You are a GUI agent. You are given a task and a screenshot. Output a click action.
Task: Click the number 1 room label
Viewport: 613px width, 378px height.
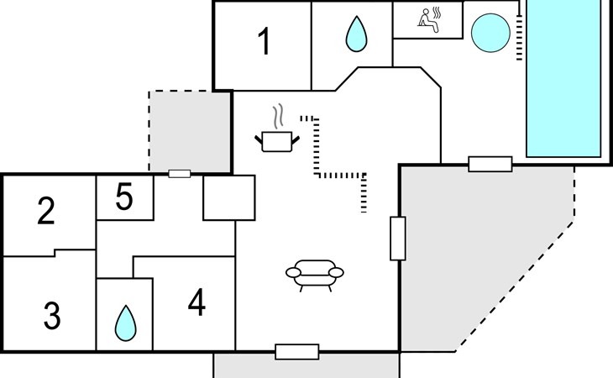[265, 42]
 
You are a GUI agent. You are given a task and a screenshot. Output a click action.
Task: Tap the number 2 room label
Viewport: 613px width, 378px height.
[46, 211]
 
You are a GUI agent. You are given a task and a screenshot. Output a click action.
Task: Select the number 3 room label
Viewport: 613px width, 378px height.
[52, 317]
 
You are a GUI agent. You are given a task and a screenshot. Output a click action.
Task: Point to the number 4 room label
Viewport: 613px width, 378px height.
[196, 303]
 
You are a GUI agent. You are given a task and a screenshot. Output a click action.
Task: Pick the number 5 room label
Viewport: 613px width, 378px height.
[124, 198]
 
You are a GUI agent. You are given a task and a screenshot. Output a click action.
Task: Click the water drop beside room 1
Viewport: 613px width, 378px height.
[358, 35]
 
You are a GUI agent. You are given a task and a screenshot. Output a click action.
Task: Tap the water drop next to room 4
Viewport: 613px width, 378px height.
[125, 322]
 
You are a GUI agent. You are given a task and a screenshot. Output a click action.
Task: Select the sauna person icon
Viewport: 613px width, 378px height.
[428, 20]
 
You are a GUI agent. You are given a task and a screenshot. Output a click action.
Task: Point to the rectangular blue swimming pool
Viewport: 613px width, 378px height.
[563, 80]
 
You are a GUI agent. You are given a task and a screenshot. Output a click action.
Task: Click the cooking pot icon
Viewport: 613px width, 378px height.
[277, 141]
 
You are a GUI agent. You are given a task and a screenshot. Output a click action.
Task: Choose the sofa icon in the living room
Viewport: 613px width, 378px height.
[315, 273]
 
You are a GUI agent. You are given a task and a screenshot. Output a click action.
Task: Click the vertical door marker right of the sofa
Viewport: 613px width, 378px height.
[398, 238]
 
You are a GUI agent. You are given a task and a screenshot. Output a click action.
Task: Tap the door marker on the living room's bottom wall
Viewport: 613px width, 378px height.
[297, 352]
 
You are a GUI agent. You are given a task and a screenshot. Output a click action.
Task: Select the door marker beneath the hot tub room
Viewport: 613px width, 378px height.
[490, 164]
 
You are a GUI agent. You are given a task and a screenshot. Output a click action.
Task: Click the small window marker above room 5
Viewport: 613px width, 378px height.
[179, 174]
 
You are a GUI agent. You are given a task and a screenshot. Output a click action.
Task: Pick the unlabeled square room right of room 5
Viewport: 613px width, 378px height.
[228, 198]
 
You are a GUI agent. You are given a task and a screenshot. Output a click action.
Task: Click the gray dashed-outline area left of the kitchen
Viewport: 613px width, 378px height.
[189, 130]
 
